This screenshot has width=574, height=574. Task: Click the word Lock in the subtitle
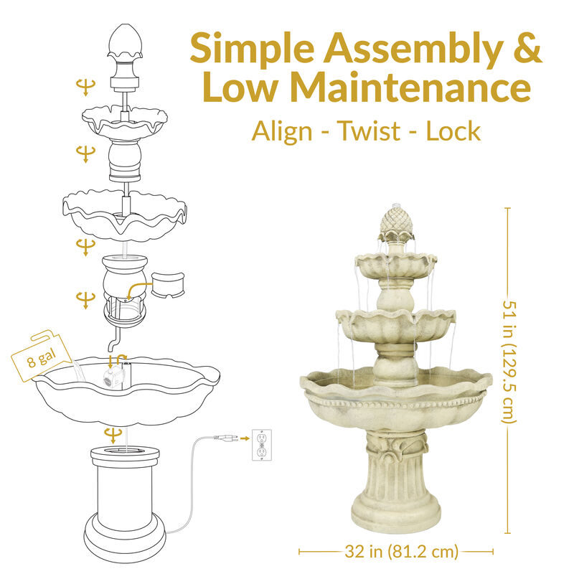pos(452,131)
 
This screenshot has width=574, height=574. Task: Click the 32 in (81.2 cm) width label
pos(396,552)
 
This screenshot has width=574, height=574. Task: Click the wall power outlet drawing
pos(263,445)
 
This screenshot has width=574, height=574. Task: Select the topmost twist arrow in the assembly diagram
pos(85,88)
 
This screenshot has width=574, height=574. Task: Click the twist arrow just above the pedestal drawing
pos(112,434)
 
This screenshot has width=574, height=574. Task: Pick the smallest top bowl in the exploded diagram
pos(126,121)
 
